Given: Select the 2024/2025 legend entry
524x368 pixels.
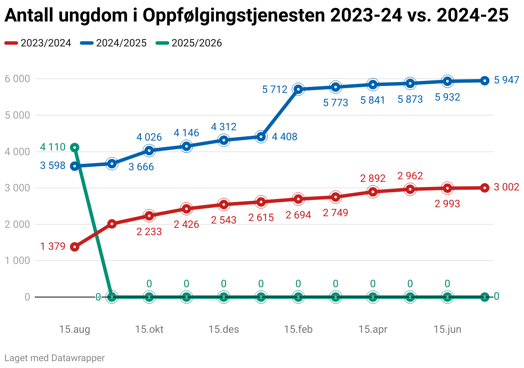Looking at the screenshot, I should point(113,43).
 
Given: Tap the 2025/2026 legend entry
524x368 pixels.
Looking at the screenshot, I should point(189,43).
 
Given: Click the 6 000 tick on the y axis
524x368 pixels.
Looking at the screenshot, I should point(17,79).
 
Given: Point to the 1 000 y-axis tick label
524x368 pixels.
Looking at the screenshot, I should point(17,261).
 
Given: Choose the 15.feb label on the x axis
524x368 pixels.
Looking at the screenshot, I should point(298,330).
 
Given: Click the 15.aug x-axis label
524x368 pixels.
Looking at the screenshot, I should point(75,330).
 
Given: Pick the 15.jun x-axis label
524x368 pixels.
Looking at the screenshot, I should point(448,330).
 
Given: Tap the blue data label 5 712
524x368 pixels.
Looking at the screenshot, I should point(275,90).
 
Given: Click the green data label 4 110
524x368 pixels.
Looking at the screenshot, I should point(53,147).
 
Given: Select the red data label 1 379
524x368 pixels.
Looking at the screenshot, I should point(53,247).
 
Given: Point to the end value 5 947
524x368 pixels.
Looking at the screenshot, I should point(507,80).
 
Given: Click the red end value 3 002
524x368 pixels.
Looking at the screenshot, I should point(507,187).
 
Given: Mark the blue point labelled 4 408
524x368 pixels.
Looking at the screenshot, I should point(261,137).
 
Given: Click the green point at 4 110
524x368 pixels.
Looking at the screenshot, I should point(74,147).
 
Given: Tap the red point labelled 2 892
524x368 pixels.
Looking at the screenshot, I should point(373,192).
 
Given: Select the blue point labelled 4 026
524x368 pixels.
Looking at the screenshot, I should point(149,150).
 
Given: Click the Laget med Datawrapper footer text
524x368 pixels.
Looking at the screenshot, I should point(55,358).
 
